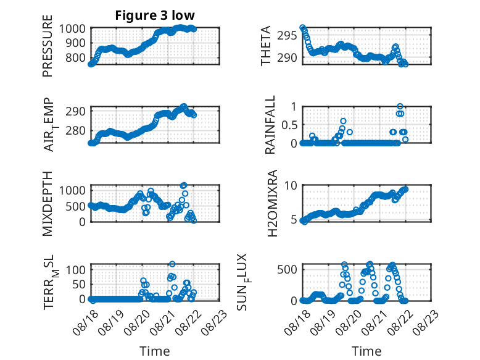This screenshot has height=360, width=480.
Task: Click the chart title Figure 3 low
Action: (x=155, y=15)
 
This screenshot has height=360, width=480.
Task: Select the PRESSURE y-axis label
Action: (x=48, y=46)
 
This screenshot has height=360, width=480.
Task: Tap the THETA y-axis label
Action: (x=266, y=46)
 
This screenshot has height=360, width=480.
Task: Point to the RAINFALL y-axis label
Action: (x=270, y=125)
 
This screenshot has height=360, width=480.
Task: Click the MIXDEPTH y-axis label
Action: (x=48, y=203)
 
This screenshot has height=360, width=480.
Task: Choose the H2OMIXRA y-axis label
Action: (x=272, y=203)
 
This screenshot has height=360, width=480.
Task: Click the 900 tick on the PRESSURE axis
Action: (x=75, y=43)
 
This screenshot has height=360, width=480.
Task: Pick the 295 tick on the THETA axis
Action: (x=287, y=36)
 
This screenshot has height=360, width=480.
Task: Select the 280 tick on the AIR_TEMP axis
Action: (x=75, y=130)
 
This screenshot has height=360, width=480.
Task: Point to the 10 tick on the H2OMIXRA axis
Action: (x=291, y=185)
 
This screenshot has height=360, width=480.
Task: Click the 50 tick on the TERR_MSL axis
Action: (x=78, y=284)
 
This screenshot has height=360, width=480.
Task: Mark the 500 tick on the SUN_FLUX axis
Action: (x=287, y=270)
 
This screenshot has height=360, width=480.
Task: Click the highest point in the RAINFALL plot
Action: (x=400, y=106)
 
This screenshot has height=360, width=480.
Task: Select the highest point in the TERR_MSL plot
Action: (x=172, y=264)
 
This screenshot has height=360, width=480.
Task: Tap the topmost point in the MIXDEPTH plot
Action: (x=183, y=185)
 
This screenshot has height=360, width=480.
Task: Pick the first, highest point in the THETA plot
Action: (x=302, y=27)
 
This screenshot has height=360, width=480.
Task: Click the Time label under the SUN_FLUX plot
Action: (x=366, y=351)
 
